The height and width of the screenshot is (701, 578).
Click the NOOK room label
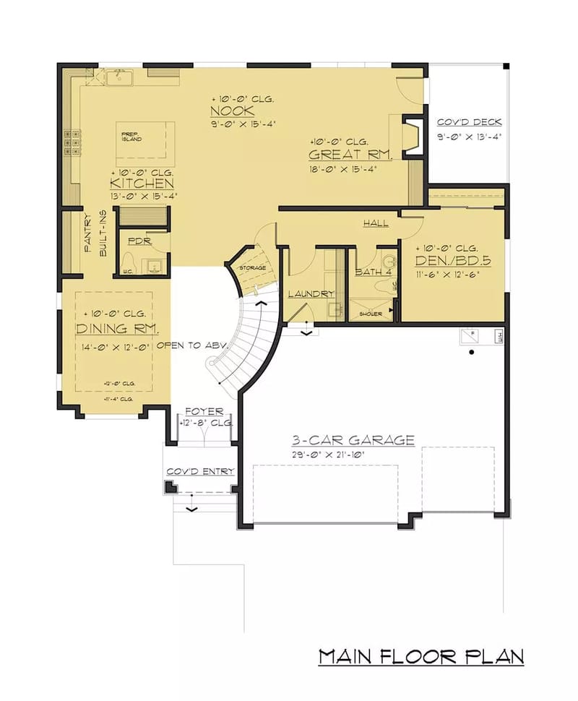[x=232, y=111]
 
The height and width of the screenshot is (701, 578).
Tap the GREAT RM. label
[x=350, y=155]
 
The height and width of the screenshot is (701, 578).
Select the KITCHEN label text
[x=142, y=184]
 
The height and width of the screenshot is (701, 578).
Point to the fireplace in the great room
[x=413, y=135]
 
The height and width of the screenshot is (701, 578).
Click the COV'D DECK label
[x=469, y=122]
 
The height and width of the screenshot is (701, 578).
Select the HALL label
[x=375, y=223]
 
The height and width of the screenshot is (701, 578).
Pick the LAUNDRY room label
[x=311, y=294]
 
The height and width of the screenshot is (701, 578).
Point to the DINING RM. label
[x=116, y=329]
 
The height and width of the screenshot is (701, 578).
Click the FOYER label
[x=204, y=411]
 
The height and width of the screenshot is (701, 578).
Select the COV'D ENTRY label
[x=200, y=471]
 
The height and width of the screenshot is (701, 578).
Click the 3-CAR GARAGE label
[x=353, y=439]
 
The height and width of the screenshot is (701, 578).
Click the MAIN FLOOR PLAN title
[x=421, y=656]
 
